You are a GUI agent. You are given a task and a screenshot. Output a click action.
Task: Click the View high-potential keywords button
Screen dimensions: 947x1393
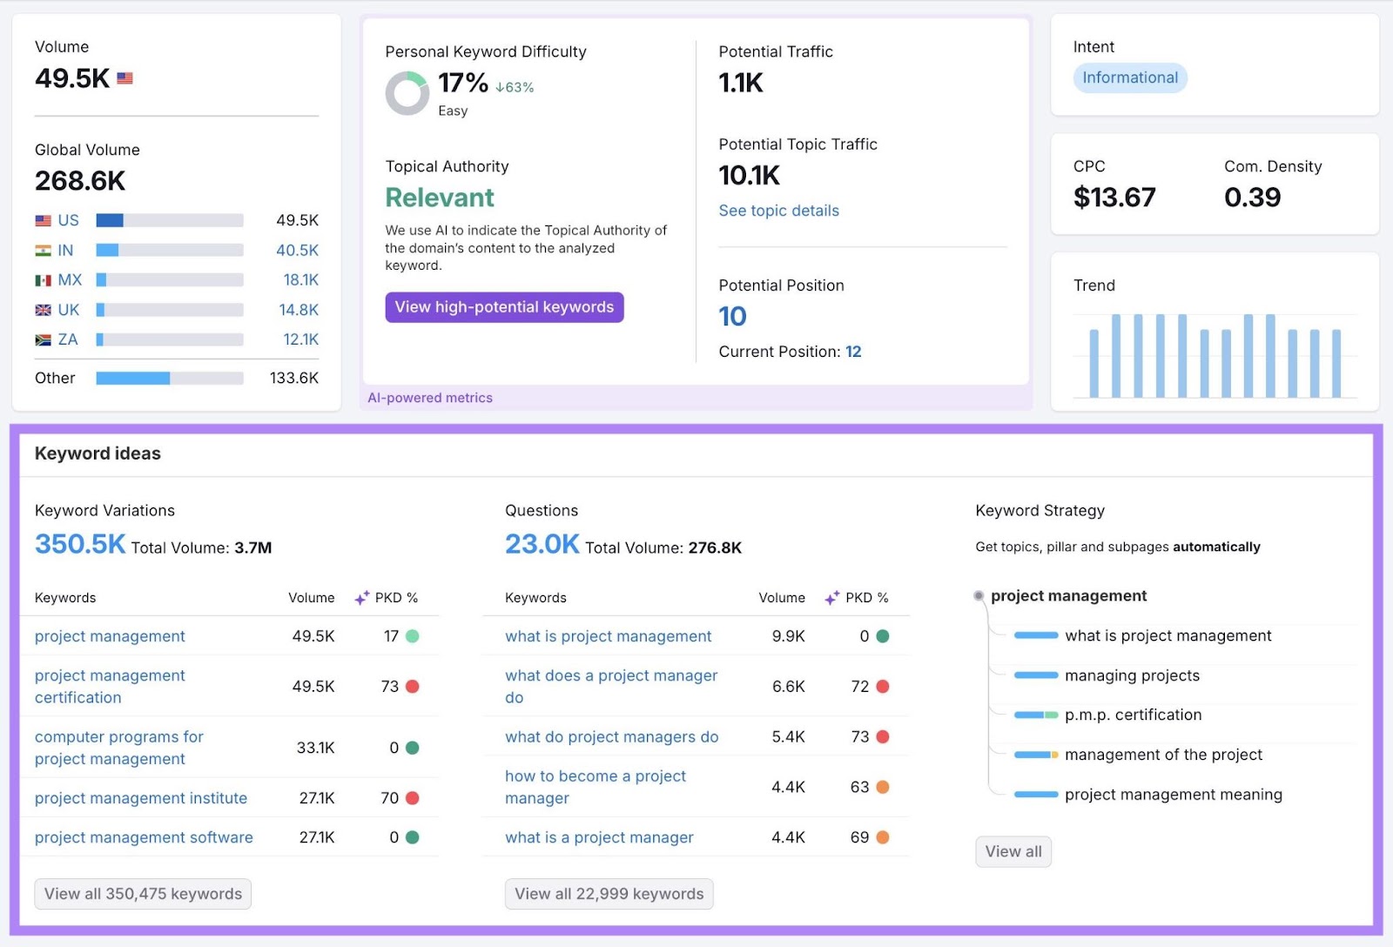[x=504, y=307]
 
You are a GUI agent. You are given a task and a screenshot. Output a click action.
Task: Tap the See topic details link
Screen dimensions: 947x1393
[x=778, y=211]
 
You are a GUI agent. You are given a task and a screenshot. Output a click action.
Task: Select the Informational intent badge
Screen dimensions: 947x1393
[x=1129, y=77]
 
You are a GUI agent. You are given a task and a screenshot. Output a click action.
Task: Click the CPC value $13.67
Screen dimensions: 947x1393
[x=1114, y=198]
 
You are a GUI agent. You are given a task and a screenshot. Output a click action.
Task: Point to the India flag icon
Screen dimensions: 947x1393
[x=43, y=251]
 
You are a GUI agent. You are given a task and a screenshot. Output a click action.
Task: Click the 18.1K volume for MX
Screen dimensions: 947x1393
[x=300, y=280]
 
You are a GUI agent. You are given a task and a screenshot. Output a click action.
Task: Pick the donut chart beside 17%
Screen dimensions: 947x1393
[x=407, y=93]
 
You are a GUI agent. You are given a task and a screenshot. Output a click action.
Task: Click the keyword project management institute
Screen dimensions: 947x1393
[x=141, y=798]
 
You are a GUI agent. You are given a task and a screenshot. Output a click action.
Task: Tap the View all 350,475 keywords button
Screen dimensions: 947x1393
[x=143, y=894]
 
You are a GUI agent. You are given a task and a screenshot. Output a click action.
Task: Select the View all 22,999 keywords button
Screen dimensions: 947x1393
[x=609, y=894]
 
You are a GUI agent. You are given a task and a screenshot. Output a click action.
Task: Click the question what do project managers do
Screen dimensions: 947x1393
[x=611, y=737]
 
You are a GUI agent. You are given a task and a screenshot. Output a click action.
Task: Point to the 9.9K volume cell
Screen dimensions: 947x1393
[x=788, y=636]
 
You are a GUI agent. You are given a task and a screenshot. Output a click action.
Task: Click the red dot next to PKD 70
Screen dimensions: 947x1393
[x=413, y=798]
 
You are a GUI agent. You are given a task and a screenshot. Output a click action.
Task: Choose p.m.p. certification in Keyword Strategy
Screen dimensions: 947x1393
[x=1133, y=715]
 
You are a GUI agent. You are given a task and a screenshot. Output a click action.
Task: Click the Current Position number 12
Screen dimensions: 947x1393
[x=853, y=352]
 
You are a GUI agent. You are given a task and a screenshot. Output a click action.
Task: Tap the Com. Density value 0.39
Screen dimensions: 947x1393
[x=1252, y=198]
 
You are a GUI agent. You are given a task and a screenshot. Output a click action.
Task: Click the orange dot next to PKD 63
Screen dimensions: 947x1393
[x=882, y=787]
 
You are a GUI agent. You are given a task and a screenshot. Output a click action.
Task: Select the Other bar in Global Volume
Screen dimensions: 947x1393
[x=169, y=379]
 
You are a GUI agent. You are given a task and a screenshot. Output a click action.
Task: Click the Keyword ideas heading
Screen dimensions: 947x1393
[x=98, y=453]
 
